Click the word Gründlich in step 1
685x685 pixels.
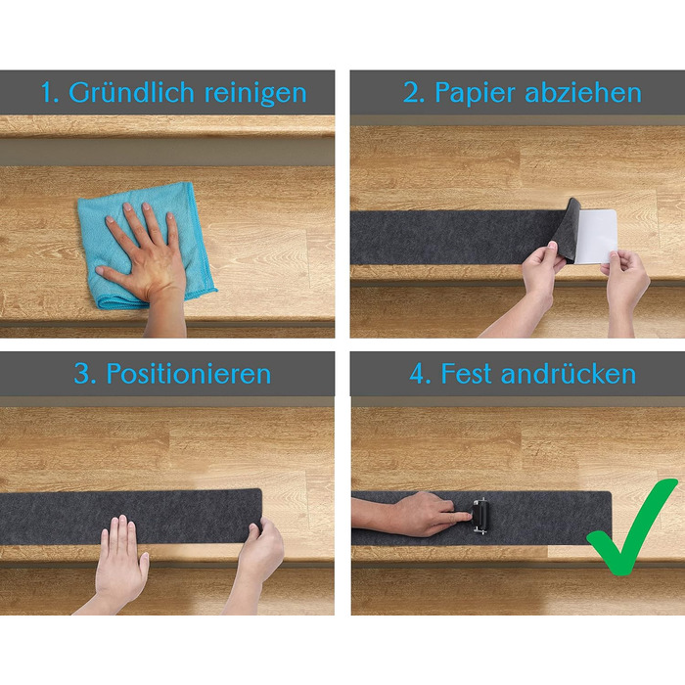(x=131, y=93)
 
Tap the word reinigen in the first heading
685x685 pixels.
(x=255, y=93)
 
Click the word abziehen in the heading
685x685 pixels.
(x=583, y=92)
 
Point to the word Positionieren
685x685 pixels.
(x=189, y=374)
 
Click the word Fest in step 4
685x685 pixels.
(x=466, y=374)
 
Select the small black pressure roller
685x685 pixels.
(x=479, y=516)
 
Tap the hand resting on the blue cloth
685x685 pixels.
(x=144, y=253)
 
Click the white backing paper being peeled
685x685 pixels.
(x=595, y=237)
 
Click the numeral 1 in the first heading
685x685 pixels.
(x=49, y=93)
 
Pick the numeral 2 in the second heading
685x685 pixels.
(x=413, y=93)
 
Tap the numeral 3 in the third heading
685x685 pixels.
(x=84, y=374)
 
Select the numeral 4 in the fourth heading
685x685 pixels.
(x=420, y=374)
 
